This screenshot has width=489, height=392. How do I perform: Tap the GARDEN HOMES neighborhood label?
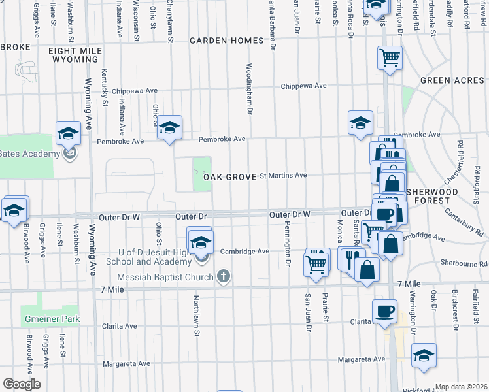click(226, 41)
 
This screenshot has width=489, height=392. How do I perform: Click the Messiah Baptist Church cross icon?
click(224, 276)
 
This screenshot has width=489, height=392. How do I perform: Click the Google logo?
click(21, 384)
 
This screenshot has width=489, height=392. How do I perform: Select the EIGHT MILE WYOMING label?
click(73, 54)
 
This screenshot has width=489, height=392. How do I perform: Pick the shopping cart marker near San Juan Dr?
click(316, 265)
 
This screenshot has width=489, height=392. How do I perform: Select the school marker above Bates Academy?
click(68, 134)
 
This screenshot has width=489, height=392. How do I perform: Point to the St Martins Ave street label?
click(283, 175)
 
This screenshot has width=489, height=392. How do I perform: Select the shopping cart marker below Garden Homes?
click(390, 57)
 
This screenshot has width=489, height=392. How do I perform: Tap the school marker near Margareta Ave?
click(424, 355)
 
